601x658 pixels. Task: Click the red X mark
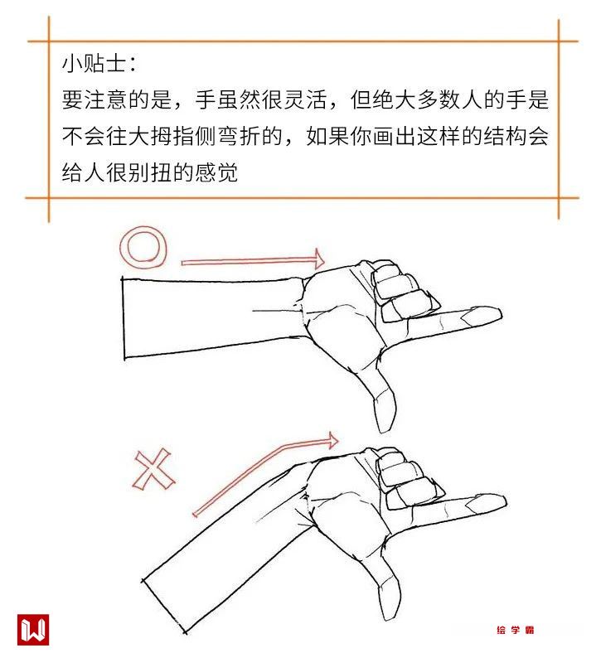point(154,469)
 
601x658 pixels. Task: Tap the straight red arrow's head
point(319,258)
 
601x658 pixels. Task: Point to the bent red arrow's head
point(332,441)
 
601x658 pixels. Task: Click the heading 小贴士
point(94,64)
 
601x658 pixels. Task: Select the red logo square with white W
point(33,630)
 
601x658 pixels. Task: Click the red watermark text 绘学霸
point(515,630)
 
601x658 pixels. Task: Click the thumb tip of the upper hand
point(385,426)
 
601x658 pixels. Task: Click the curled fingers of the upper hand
point(401,289)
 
